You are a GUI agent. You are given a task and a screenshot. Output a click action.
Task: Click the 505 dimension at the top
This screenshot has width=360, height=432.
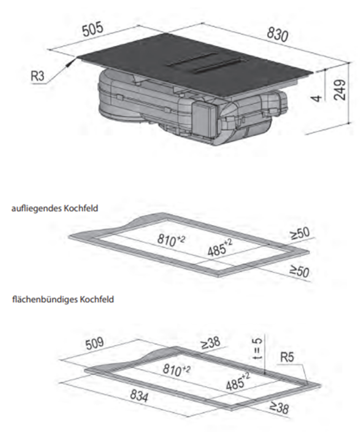pos(93,31)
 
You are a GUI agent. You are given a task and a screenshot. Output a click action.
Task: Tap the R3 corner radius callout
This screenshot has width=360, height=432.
pos(37,76)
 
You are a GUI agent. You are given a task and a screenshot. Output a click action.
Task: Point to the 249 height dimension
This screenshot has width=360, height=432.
pos(341,90)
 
